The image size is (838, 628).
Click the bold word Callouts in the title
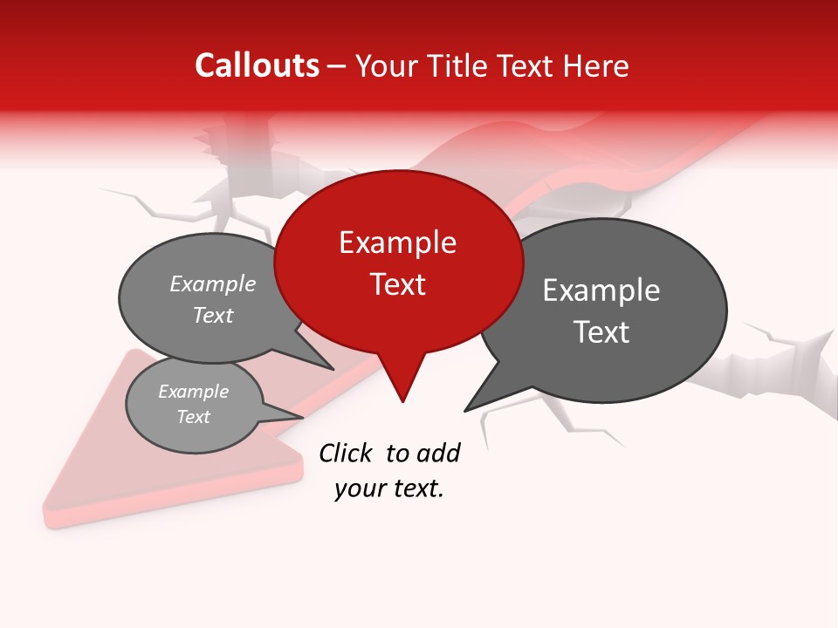tap(257, 65)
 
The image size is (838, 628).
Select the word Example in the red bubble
tap(397, 242)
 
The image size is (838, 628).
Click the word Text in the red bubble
tap(397, 284)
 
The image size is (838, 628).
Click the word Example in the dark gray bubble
tap(601, 290)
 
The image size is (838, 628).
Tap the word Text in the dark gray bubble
tap(601, 332)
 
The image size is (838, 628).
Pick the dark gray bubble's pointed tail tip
tap(465, 410)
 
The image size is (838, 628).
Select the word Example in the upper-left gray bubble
tap(213, 284)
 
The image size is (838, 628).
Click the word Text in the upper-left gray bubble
tap(213, 315)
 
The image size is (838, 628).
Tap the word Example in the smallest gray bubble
tap(194, 392)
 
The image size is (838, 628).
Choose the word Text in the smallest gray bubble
tap(194, 417)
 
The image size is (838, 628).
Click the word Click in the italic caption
tap(347, 453)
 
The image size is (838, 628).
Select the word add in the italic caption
tap(438, 453)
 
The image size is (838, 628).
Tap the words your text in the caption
tap(389, 489)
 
